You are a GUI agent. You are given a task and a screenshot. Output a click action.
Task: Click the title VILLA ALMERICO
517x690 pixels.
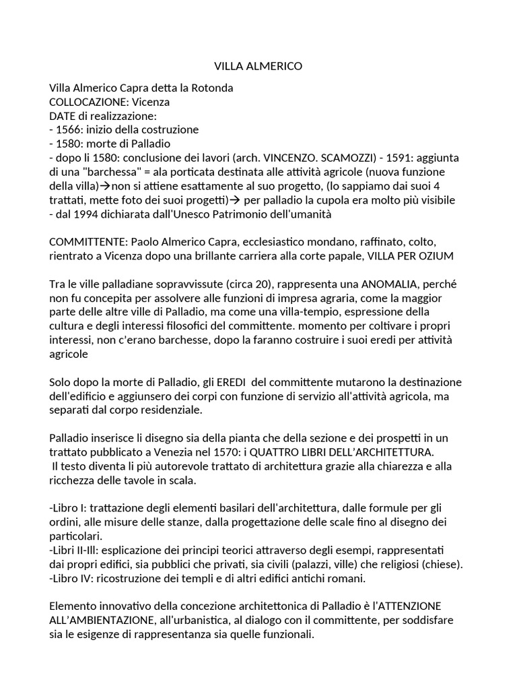(x=258, y=66)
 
